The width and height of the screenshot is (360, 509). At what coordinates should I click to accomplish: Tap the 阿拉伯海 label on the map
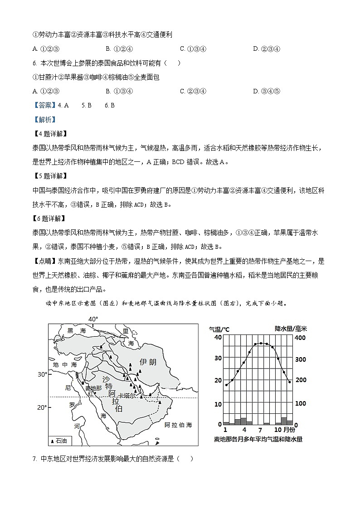pos(178,425)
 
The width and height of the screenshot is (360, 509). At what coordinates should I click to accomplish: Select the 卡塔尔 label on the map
pos(126,395)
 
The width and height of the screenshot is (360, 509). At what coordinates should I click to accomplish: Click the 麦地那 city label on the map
pos(93,388)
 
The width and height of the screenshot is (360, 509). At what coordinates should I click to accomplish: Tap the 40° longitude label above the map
pos(93,319)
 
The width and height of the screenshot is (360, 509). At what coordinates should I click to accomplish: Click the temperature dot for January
pos(226,385)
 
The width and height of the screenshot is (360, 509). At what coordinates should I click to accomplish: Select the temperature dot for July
pos(261,344)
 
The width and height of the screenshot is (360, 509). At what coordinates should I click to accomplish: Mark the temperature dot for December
pos(289,382)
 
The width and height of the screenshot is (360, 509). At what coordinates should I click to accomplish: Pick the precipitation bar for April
pos(243,421)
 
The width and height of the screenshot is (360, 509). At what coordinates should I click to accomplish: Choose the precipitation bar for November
pos(284,421)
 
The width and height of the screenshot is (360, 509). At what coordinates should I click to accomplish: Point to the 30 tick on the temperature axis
pos(218,358)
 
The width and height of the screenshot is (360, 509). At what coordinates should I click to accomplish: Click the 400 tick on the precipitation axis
pos(301,338)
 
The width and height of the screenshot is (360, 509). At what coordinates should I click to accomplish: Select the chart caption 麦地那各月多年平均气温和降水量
pos(258,439)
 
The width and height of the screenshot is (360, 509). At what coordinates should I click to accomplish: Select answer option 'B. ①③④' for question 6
pos(118,91)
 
